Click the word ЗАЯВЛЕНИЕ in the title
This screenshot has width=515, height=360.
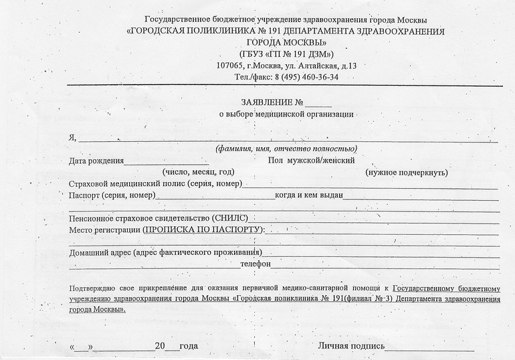(x=266, y=103)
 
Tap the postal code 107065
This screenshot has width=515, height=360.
(x=230, y=66)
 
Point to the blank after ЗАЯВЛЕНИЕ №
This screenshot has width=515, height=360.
(x=319, y=104)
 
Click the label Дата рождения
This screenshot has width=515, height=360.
(x=96, y=161)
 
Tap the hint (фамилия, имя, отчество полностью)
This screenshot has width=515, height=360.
(x=286, y=149)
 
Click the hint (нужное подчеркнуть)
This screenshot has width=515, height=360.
(x=406, y=173)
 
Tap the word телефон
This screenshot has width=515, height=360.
(x=255, y=264)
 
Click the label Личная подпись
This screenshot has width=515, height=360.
(x=351, y=347)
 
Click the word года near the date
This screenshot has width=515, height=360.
(x=189, y=347)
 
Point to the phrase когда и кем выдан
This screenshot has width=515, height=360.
(x=309, y=195)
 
